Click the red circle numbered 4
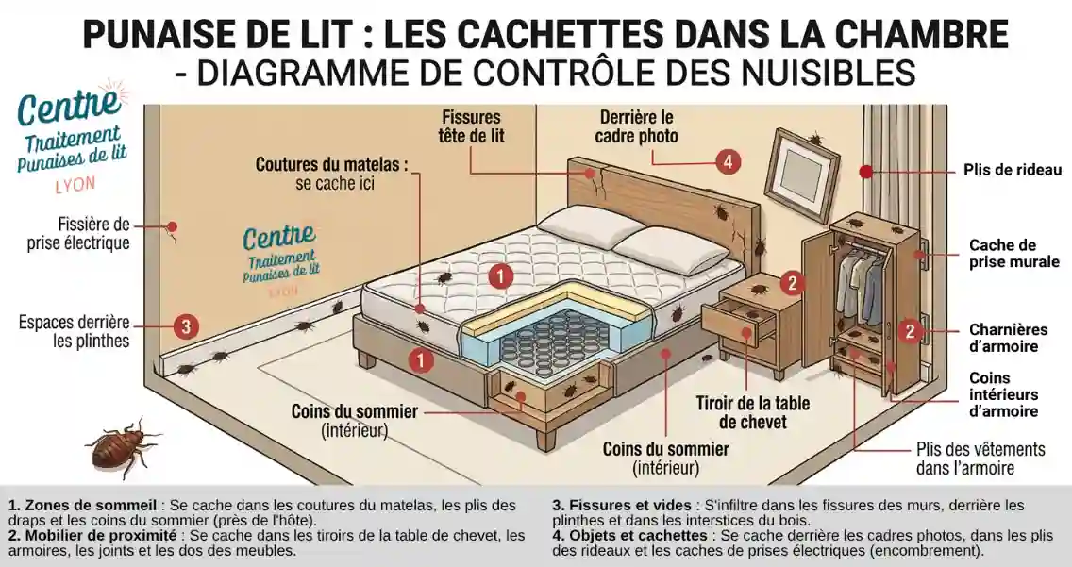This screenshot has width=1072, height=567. point(727,161)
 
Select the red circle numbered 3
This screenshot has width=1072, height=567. point(186,326)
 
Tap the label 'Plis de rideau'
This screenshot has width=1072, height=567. point(1012,171)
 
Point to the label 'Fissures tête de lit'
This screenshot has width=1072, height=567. point(472,126)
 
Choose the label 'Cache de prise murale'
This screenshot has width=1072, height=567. point(1013,253)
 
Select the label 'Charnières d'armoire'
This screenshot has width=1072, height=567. point(1008,338)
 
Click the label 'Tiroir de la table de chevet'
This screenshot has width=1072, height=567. point(752,412)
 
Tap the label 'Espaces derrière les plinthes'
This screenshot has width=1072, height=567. point(75,331)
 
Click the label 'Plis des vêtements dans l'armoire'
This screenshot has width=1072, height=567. point(980,459)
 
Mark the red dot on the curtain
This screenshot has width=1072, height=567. point(864,172)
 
